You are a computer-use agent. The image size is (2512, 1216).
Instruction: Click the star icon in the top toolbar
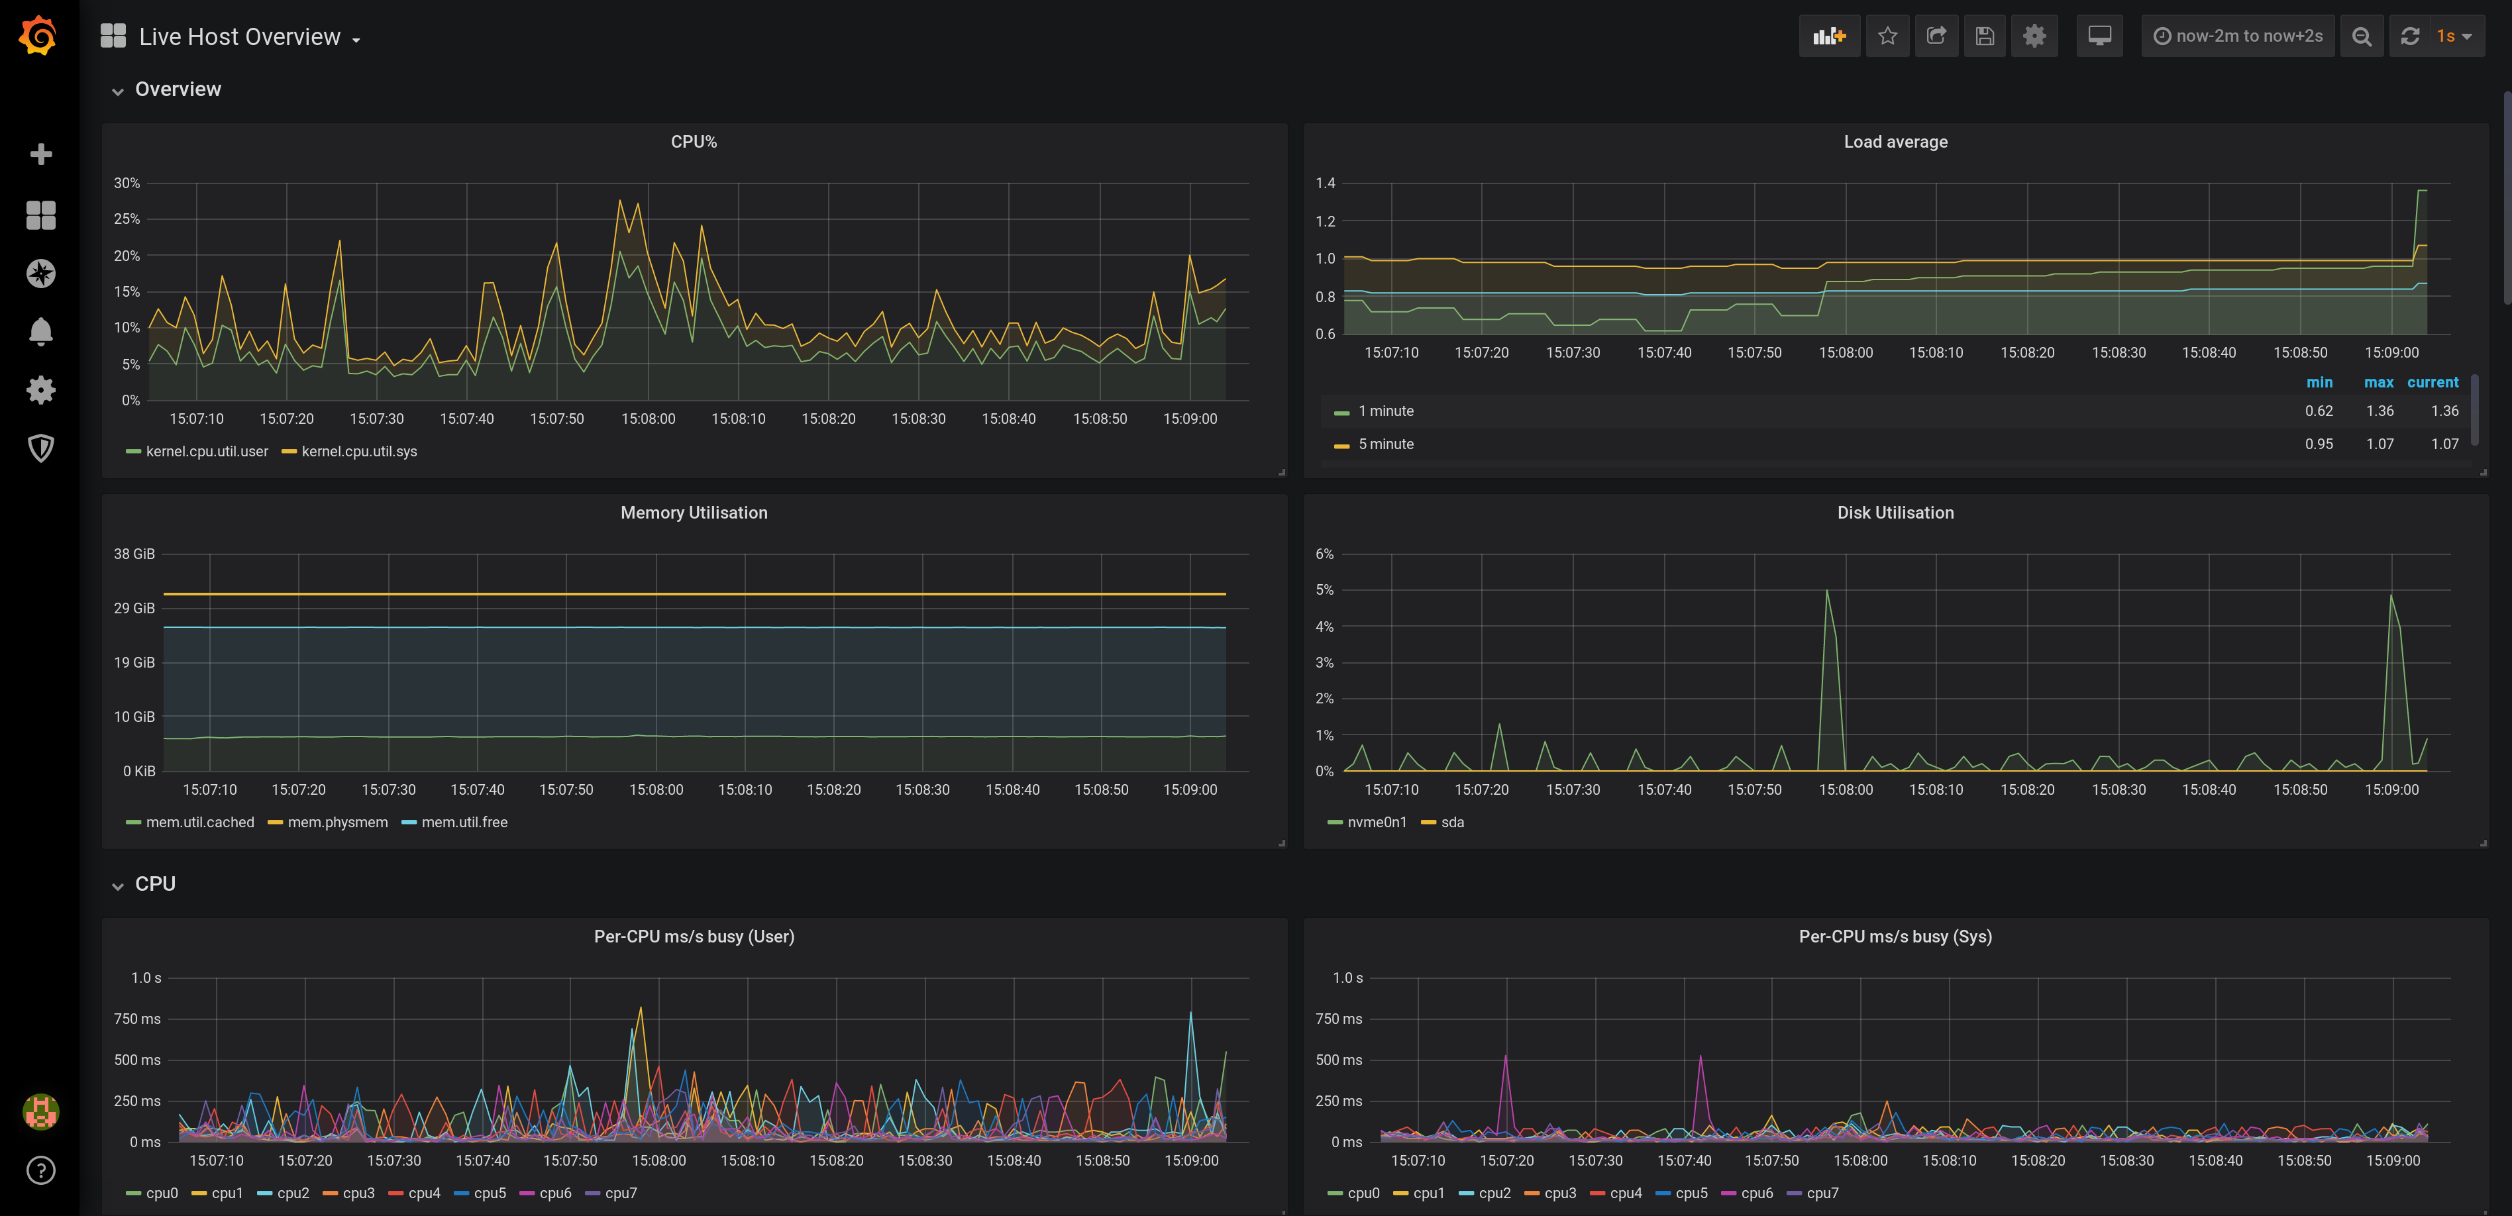click(1887, 36)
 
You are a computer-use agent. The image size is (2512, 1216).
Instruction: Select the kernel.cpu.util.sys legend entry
click(358, 452)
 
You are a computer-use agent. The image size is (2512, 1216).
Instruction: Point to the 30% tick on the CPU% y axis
click(127, 183)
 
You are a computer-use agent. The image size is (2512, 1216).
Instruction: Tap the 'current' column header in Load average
click(2432, 382)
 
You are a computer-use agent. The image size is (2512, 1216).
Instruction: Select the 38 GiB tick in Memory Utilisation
click(134, 554)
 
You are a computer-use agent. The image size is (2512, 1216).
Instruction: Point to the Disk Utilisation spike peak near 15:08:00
click(1826, 591)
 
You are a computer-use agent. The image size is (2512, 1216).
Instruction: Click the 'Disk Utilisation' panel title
click(1895, 513)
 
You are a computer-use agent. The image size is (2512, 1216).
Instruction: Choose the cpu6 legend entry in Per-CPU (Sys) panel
click(1755, 1193)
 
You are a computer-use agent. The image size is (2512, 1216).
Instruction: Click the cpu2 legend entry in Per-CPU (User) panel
click(291, 1193)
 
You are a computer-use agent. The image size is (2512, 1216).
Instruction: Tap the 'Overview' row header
click(178, 89)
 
